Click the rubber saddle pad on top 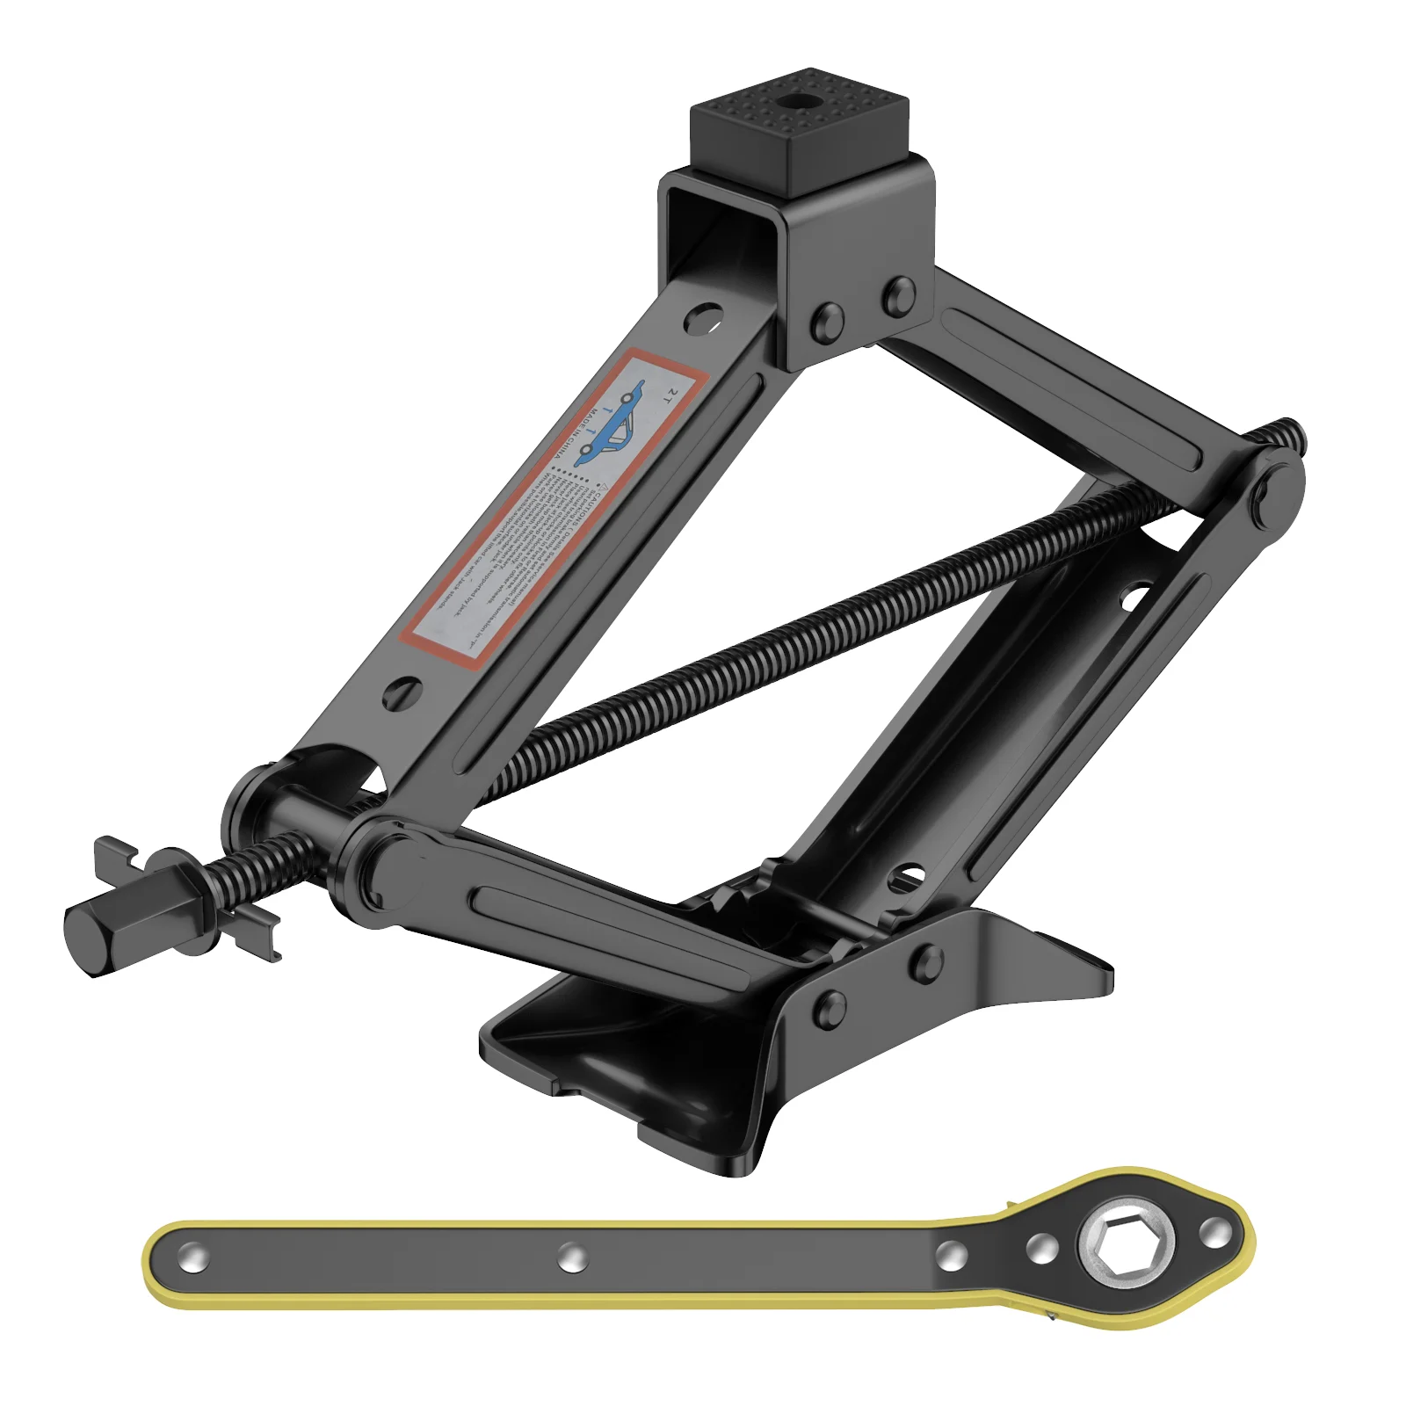[798, 132]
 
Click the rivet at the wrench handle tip [192, 1259]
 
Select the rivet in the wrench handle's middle [571, 1257]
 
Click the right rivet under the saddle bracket [898, 296]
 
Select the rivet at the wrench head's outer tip [1214, 1233]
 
